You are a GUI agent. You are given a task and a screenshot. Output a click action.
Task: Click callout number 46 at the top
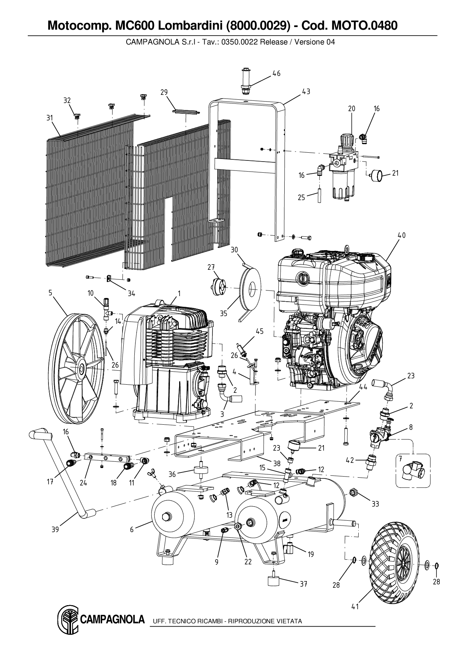277,73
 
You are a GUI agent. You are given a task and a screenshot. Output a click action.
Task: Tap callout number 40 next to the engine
402,235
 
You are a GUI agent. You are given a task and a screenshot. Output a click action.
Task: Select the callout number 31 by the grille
50,118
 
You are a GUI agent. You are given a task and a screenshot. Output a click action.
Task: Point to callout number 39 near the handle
55,530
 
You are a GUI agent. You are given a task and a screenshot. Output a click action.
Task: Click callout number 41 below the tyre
355,607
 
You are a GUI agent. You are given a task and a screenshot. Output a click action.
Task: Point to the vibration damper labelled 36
200,473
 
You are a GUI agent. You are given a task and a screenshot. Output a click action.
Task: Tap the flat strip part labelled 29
186,111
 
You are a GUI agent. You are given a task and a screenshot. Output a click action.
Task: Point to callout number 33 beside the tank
375,504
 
